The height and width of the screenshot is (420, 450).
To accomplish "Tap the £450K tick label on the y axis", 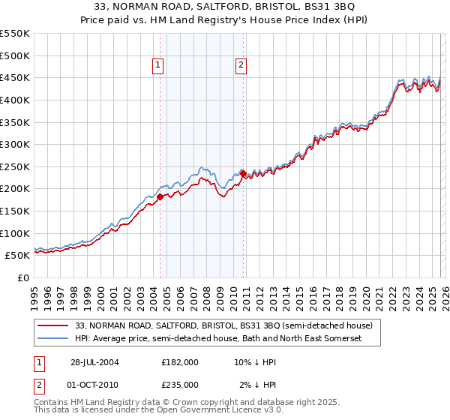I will point(15,77).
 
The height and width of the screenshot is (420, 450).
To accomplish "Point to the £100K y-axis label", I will point(15,233).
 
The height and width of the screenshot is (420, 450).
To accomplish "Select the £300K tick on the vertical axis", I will point(15,144).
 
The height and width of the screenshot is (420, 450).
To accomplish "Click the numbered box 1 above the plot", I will point(159,66).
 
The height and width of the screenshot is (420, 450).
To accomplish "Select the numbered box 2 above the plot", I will point(241,66).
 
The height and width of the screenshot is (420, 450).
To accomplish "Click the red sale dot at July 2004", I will point(160,197).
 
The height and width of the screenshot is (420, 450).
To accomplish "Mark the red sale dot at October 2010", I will point(242,173).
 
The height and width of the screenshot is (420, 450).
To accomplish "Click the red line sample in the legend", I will point(53,325).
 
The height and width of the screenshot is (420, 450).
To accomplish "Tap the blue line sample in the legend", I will point(53,339).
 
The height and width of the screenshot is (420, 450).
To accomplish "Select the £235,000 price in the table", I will point(180,384).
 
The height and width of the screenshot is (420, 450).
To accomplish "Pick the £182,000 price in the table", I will point(180,361).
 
